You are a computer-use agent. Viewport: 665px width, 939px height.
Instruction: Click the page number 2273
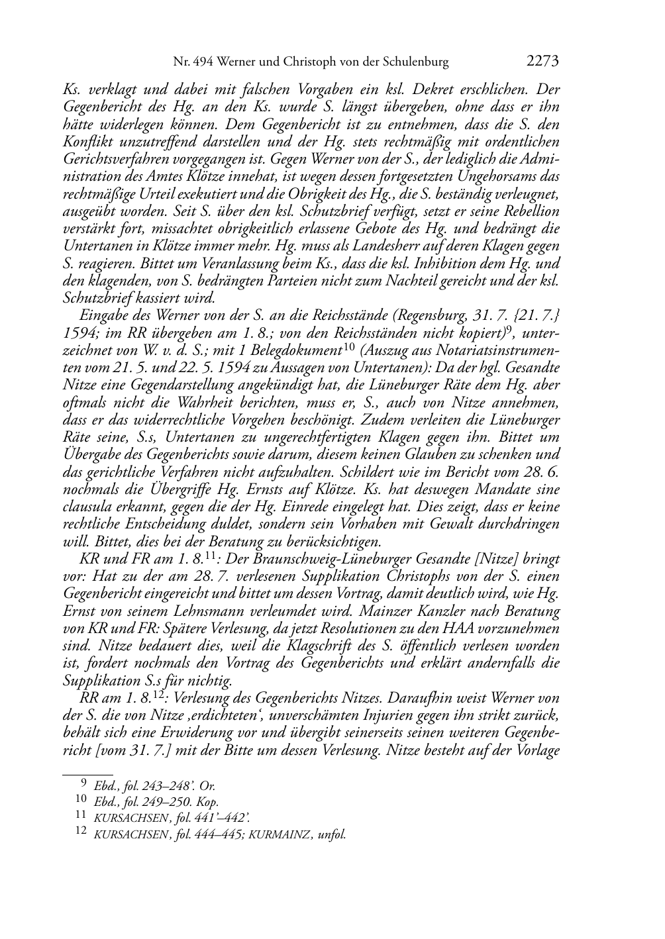point(543,62)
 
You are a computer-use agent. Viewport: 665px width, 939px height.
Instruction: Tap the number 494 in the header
point(203,62)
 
